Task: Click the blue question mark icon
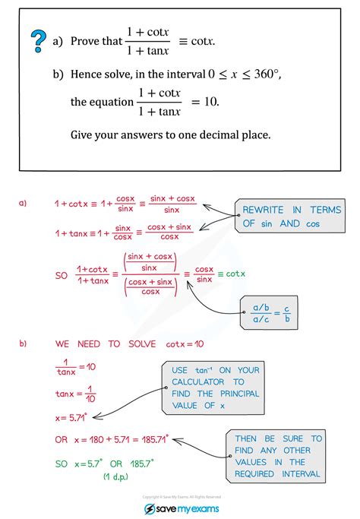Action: [36, 40]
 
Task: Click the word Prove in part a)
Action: [86, 42]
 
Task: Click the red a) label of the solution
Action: [24, 203]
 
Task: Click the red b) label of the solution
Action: [24, 343]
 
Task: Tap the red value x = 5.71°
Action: [73, 417]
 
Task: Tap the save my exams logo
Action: [179, 508]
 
